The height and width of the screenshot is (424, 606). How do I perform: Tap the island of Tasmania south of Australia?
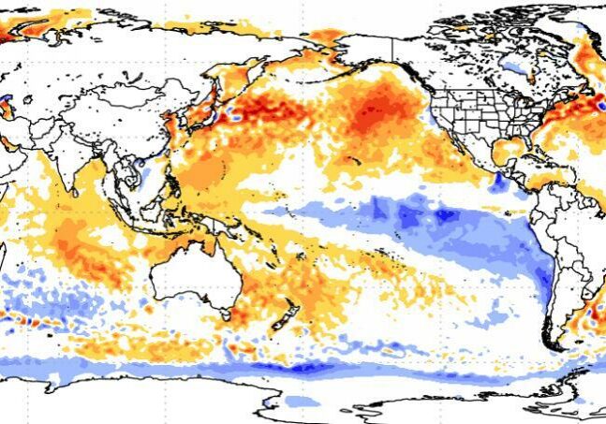click(x=228, y=317)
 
